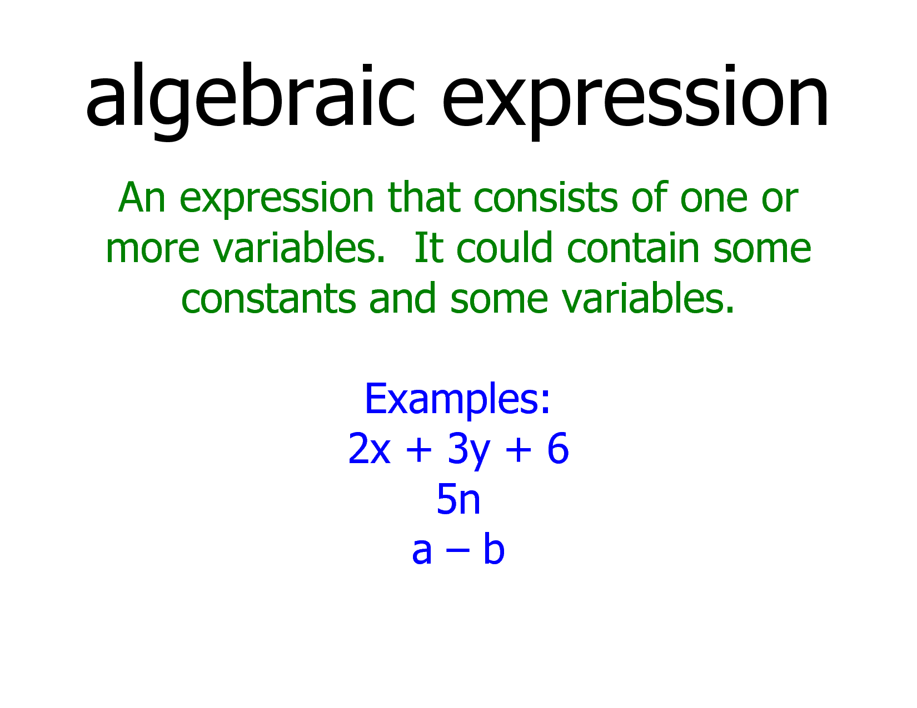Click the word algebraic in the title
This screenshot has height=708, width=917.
pos(251,102)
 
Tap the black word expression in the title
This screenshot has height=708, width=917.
pos(635,102)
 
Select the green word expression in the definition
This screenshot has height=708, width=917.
pos(277,199)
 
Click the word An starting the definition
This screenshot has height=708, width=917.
pos(141,197)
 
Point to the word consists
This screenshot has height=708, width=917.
pos(546,197)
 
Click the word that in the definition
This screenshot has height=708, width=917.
pos(423,197)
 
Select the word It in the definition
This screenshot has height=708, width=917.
pos(428,248)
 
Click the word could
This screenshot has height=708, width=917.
pos(504,247)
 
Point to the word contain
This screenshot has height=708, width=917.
pos(633,247)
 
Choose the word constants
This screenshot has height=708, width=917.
pos(269,298)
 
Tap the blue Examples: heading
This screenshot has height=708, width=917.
pos(457,399)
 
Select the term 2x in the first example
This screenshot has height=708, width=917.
pos(369,449)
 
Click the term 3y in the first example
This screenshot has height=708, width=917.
pos(469,451)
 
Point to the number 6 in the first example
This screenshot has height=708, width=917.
pos(558,449)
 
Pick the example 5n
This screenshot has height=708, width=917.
pos(458,499)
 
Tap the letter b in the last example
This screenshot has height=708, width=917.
pos(494,548)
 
